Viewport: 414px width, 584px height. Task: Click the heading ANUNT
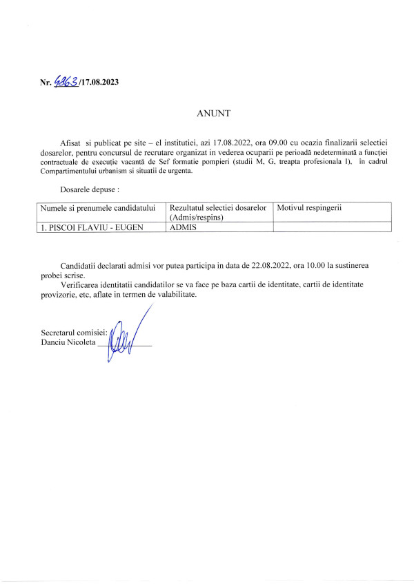pyautogui.click(x=206, y=112)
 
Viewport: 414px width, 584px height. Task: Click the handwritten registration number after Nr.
pyautogui.click(x=66, y=82)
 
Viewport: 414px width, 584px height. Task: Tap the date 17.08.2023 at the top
pyautogui.click(x=99, y=83)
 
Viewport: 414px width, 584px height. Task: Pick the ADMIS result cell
pyautogui.click(x=183, y=227)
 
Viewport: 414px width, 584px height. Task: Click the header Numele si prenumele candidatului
pyautogui.click(x=97, y=207)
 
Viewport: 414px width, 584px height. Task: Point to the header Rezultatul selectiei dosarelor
pyautogui.click(x=218, y=207)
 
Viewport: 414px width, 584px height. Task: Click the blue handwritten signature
pyautogui.click(x=126, y=338)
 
